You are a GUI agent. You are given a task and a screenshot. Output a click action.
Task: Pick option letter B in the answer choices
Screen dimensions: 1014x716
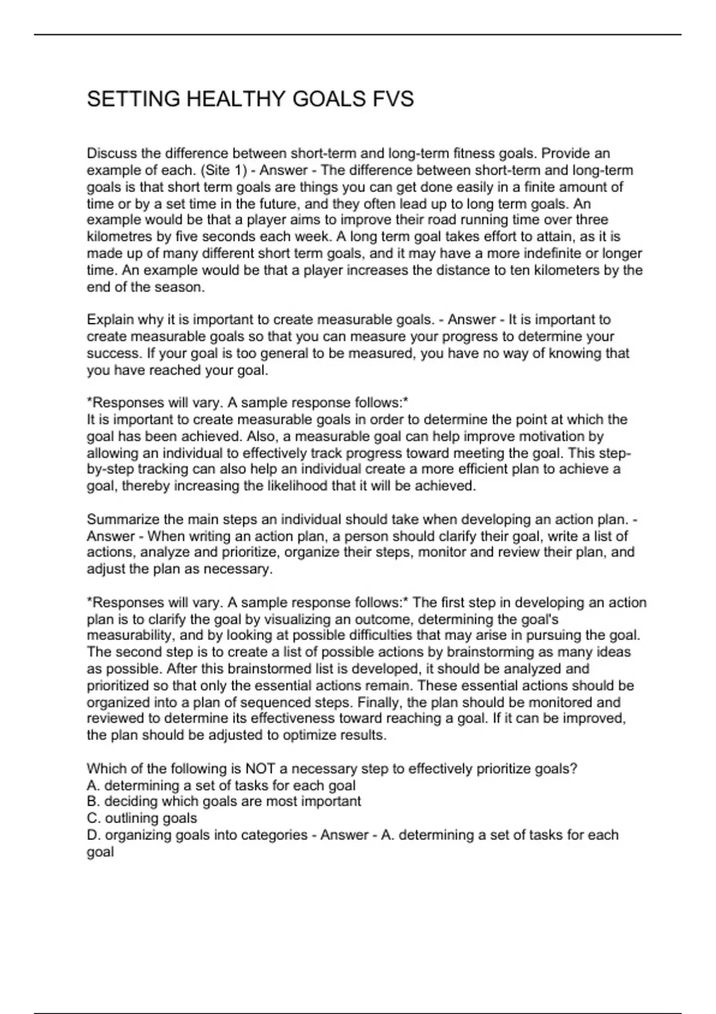(x=92, y=801)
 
